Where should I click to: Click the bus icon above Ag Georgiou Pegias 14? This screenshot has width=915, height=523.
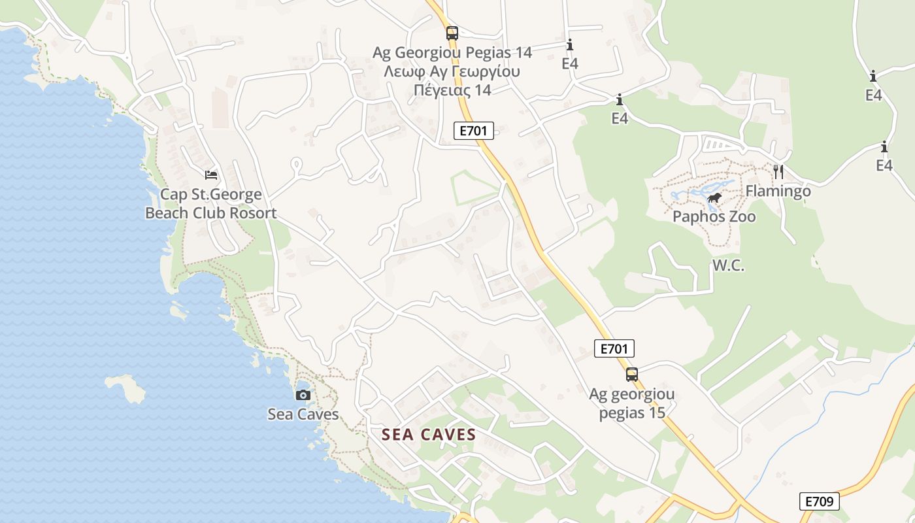452,33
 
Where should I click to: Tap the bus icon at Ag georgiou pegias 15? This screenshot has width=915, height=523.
631,375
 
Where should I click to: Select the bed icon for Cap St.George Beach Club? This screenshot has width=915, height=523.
211,175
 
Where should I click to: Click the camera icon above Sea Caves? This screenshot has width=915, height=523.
303,395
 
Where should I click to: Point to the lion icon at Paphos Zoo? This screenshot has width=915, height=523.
714,198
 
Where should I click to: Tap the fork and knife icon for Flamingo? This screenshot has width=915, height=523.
778,172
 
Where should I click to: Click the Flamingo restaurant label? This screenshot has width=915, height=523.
778,191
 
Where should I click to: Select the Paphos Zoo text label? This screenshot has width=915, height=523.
714,216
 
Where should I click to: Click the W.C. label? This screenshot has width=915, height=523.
728,265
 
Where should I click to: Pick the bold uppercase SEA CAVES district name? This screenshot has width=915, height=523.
428,435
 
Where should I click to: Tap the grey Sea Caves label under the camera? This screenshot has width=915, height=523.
303,414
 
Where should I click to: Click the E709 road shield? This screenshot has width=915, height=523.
819,501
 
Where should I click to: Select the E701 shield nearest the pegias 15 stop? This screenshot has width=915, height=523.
614,348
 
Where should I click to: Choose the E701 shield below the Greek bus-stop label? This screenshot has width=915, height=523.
473,130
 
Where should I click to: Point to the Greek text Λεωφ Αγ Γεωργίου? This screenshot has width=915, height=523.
452,71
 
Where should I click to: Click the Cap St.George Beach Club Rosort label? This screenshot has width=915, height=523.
210,203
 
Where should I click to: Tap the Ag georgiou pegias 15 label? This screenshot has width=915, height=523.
631,403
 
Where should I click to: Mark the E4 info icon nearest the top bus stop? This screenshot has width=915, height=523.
569,45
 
